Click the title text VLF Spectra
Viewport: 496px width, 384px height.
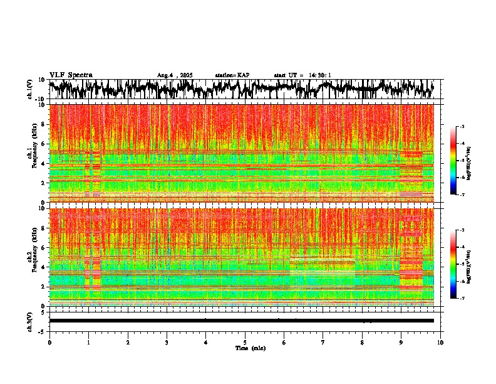tap(71, 75)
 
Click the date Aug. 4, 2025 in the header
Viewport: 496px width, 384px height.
tap(174, 75)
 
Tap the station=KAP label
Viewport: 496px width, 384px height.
tap(232, 75)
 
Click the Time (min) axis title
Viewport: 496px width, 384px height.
tap(249, 348)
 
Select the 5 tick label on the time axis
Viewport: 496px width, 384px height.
tap(245, 342)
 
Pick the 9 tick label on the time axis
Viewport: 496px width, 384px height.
tap(401, 342)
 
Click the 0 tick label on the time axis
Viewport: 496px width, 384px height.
tap(49, 342)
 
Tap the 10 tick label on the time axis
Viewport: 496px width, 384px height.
tap(440, 342)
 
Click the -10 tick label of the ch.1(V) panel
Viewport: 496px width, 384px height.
tap(40, 99)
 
